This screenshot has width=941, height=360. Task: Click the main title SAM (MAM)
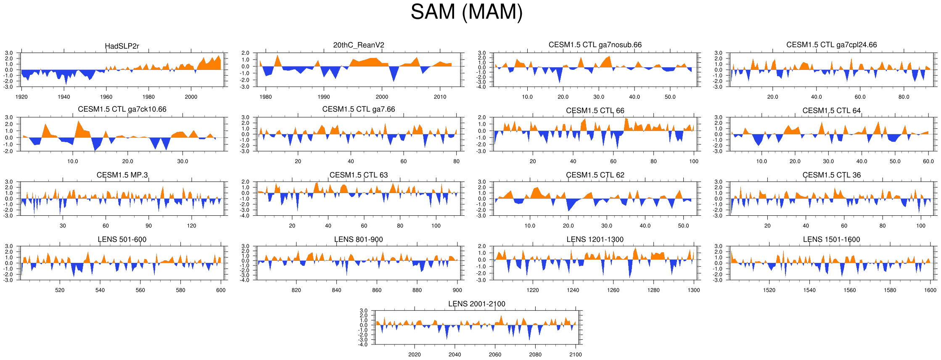click(466, 12)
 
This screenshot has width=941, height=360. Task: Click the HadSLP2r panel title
click(122, 46)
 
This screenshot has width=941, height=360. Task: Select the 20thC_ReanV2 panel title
click(359, 45)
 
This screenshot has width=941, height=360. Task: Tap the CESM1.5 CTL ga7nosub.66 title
click(595, 45)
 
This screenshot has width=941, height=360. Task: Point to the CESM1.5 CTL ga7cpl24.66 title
click(831, 45)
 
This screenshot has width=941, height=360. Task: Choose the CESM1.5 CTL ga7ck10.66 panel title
click(122, 109)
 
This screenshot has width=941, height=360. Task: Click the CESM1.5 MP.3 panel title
click(122, 175)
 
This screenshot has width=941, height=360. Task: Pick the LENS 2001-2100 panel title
click(476, 304)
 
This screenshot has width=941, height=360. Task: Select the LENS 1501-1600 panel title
click(831, 239)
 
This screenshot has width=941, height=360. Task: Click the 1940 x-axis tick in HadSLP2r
click(64, 97)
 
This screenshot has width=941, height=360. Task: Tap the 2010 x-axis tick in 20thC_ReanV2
click(440, 97)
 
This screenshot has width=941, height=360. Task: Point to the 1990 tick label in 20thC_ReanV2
click(324, 97)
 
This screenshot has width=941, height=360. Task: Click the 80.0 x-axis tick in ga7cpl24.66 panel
click(904, 97)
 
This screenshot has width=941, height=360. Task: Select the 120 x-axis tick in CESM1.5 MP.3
click(191, 225)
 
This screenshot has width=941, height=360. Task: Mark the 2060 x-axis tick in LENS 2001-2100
click(495, 355)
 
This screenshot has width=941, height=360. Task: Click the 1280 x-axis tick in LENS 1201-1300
click(653, 290)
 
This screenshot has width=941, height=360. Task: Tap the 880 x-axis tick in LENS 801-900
click(417, 290)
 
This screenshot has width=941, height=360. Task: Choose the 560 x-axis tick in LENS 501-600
click(140, 290)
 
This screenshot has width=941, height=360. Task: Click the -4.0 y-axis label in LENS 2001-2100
click(363, 344)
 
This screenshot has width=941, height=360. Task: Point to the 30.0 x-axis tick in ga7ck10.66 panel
click(182, 161)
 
